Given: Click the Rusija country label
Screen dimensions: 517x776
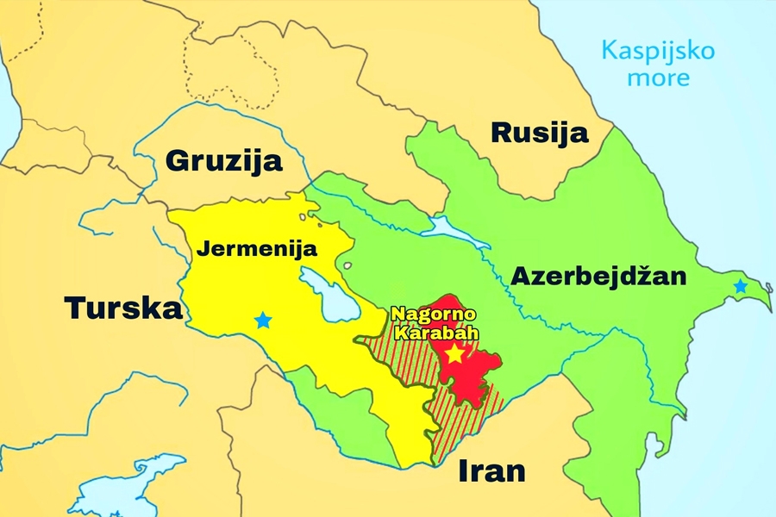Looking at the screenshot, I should (x=540, y=133).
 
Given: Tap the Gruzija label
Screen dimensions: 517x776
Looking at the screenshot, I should (x=224, y=160).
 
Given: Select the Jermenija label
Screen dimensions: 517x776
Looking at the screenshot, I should (x=258, y=249).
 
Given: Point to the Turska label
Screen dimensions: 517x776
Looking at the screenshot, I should (x=123, y=308).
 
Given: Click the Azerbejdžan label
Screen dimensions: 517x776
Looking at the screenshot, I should (x=599, y=276).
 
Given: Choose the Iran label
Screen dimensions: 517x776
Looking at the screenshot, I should (x=491, y=471).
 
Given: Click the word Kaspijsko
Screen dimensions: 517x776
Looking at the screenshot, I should (x=658, y=50).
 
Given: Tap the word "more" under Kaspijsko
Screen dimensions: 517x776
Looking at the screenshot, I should (x=658, y=78).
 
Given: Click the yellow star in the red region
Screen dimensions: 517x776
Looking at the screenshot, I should (x=454, y=353).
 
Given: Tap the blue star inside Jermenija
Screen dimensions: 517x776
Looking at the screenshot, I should (x=263, y=321).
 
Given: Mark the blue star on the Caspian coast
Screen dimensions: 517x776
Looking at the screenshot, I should (x=739, y=287).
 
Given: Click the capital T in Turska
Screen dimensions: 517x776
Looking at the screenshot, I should (x=77, y=308).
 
